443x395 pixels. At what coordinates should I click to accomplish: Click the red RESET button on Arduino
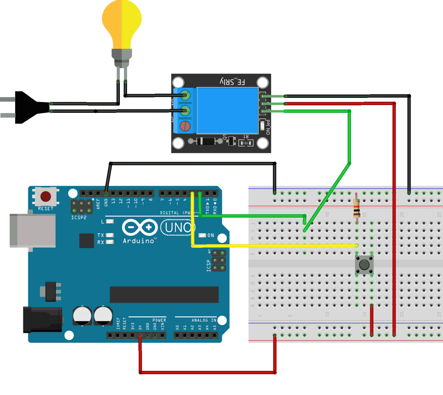[46, 196]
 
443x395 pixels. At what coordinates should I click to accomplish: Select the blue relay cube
[227, 111]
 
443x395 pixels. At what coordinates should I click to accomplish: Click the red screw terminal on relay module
[185, 126]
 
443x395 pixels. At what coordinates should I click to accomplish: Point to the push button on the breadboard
[364, 265]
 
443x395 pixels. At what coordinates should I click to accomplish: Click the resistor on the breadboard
[356, 208]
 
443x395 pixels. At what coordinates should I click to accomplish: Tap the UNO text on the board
[178, 228]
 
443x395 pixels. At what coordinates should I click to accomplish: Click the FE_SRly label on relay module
[232, 82]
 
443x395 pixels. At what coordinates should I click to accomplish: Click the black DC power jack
[42, 320]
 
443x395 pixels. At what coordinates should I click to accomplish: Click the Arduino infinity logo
[140, 228]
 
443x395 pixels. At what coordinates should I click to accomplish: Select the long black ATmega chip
[164, 295]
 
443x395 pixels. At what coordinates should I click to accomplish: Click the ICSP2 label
[79, 218]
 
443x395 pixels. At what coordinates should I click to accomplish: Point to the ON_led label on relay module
[268, 127]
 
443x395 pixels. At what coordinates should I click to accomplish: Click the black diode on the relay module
[206, 141]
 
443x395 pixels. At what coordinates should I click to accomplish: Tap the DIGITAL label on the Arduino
[169, 213]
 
